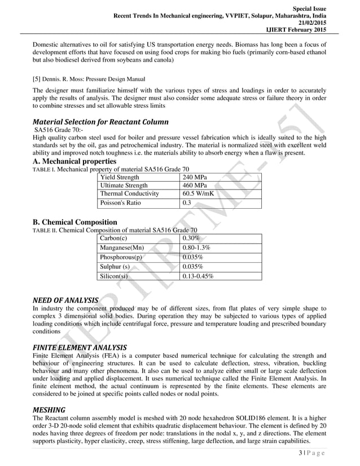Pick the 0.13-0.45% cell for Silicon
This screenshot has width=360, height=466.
tap(200, 276)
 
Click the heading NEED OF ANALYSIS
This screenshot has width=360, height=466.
tap(65, 300)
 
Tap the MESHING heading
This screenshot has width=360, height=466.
tap(49, 409)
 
